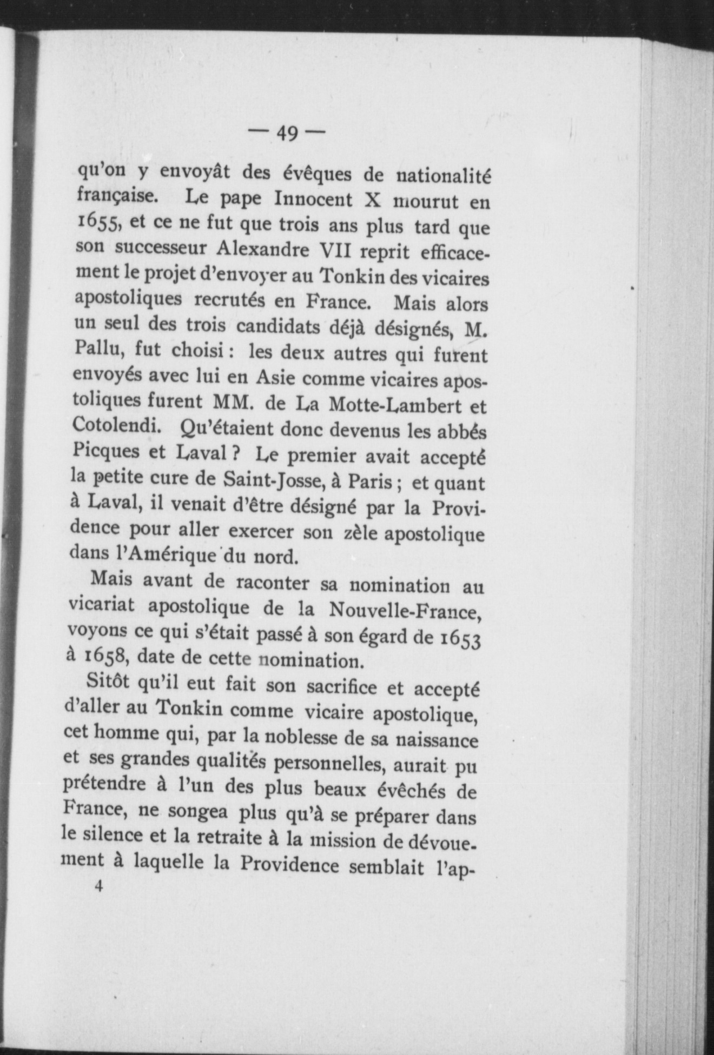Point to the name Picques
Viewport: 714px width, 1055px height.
(x=105, y=451)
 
